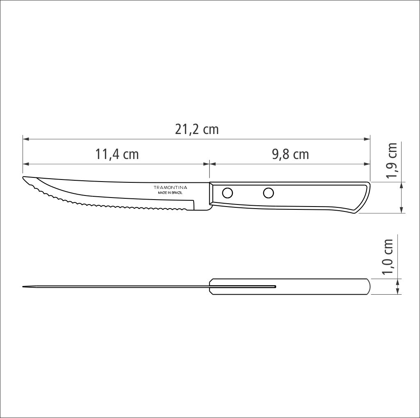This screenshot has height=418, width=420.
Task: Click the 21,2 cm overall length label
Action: click(x=197, y=129)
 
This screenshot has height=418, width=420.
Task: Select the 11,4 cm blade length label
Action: click(x=117, y=154)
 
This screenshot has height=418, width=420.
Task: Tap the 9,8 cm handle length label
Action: click(x=290, y=154)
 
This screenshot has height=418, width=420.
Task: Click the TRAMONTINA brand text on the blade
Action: click(x=170, y=187)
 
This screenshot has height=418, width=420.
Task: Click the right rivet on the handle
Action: click(x=268, y=192)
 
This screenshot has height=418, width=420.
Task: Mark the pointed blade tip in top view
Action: click(x=24, y=286)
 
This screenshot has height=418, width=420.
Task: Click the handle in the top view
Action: click(x=320, y=286)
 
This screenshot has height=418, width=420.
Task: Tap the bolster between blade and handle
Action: click(x=208, y=197)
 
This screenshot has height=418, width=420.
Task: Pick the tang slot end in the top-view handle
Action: click(x=275, y=286)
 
